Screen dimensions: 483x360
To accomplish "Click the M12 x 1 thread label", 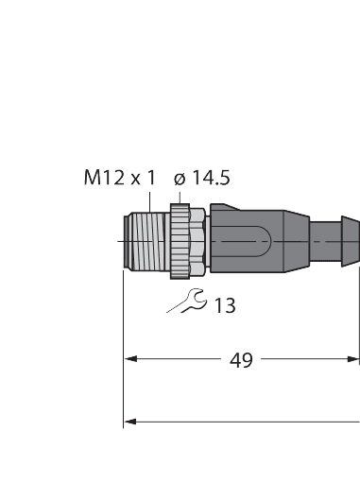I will click(x=119, y=178).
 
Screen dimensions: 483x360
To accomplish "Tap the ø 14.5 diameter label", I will click(x=202, y=178).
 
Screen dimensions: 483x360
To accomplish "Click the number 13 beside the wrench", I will click(x=224, y=304).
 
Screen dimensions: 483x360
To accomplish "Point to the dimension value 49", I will click(x=243, y=360).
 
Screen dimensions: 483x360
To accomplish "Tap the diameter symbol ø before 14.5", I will click(x=179, y=178).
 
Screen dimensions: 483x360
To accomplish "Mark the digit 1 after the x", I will click(x=151, y=178).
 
